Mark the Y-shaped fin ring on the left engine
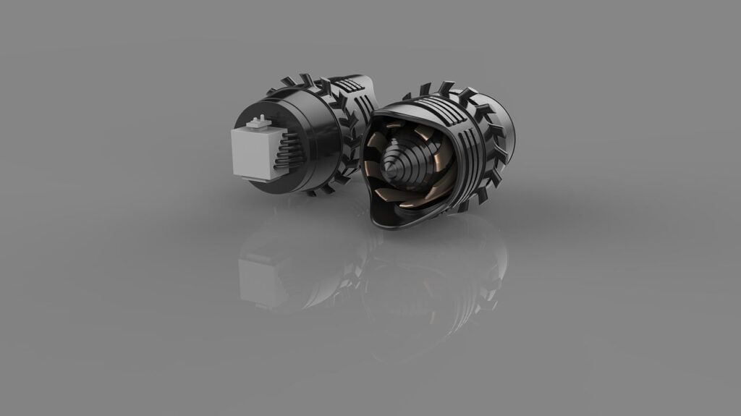341,145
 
